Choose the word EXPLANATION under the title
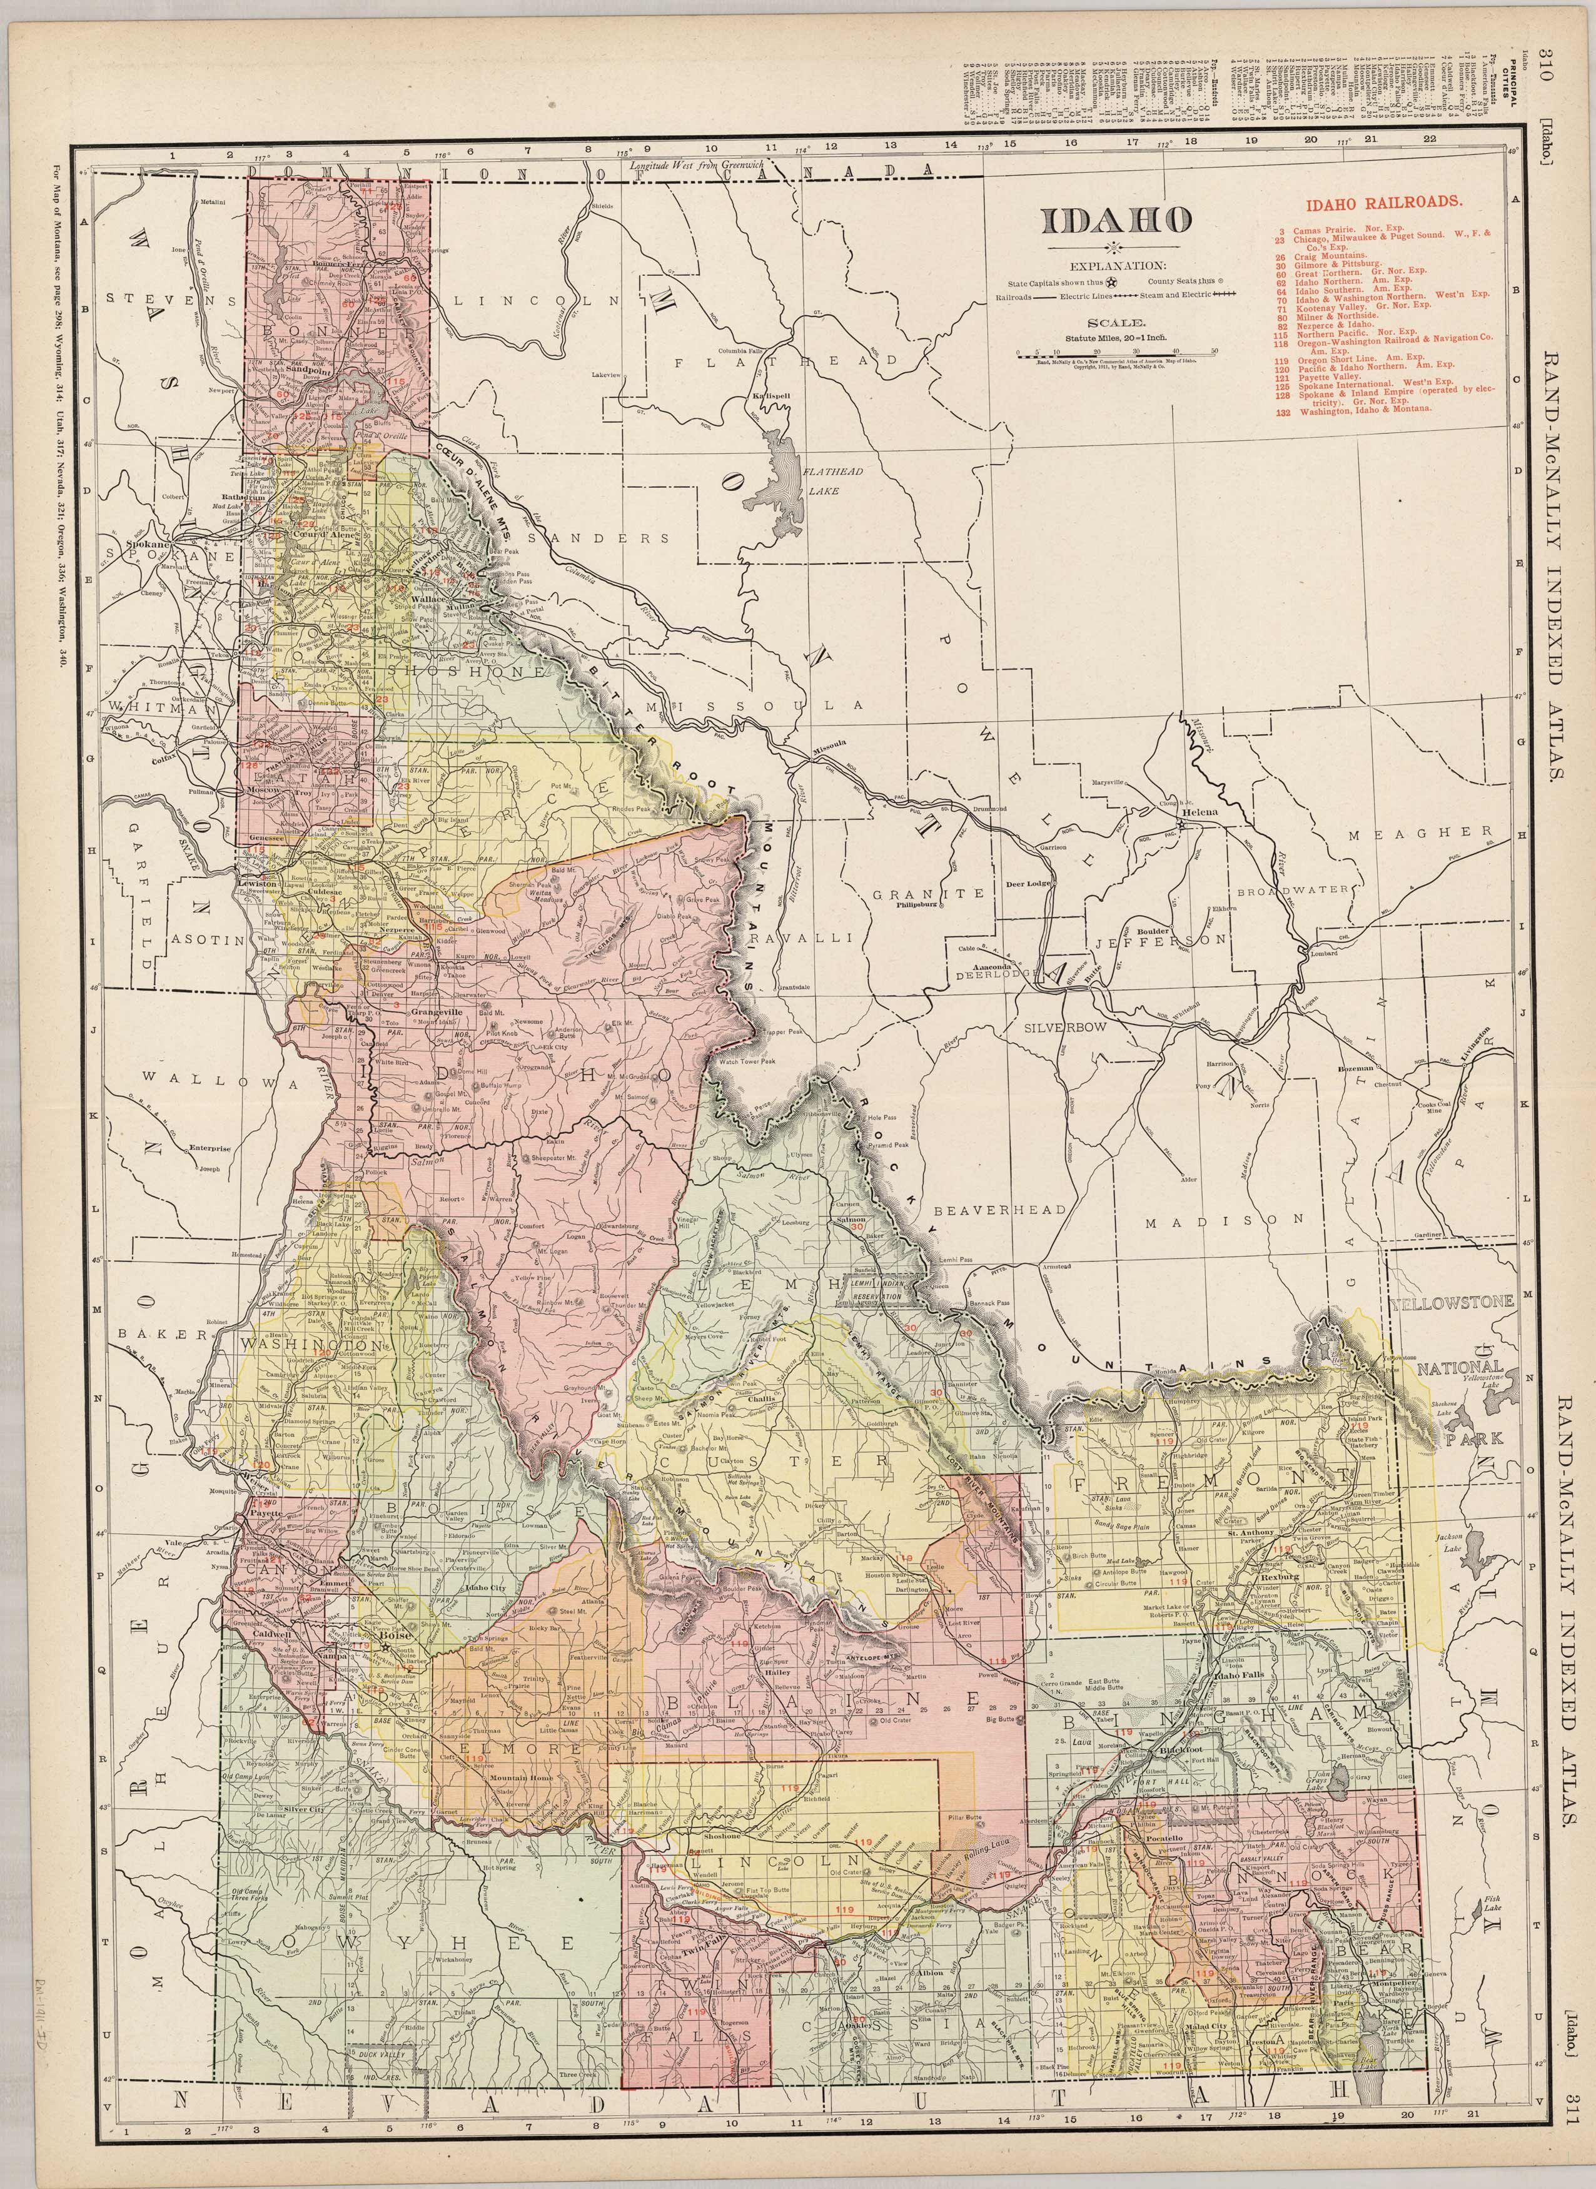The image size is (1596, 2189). pos(1116,265)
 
